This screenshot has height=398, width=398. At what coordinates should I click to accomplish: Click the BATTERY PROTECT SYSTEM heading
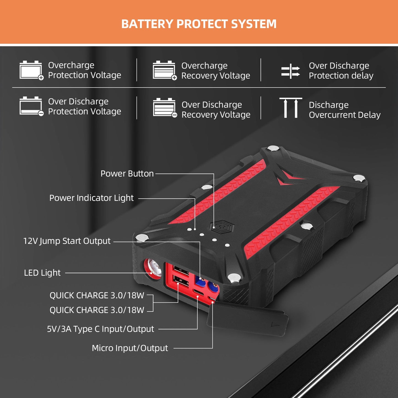click(199, 24)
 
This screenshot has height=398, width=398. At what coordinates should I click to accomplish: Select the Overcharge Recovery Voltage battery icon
click(164, 70)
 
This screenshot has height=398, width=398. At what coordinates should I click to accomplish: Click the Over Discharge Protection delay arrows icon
click(290, 71)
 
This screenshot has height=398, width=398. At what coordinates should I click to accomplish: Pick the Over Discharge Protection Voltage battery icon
click(31, 106)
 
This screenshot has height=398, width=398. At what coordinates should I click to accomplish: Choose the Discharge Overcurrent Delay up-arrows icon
click(291, 108)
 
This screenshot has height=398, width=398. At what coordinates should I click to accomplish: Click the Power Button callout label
click(127, 174)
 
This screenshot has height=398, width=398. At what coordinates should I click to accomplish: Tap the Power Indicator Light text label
click(91, 198)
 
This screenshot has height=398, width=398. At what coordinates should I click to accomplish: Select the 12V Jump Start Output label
click(67, 241)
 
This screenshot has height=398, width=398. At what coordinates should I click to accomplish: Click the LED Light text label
click(42, 273)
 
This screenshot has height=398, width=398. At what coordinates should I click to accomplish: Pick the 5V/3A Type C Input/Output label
click(101, 329)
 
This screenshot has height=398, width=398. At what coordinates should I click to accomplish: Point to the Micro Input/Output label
click(130, 348)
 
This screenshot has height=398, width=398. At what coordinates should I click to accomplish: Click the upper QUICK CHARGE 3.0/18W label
click(97, 295)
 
